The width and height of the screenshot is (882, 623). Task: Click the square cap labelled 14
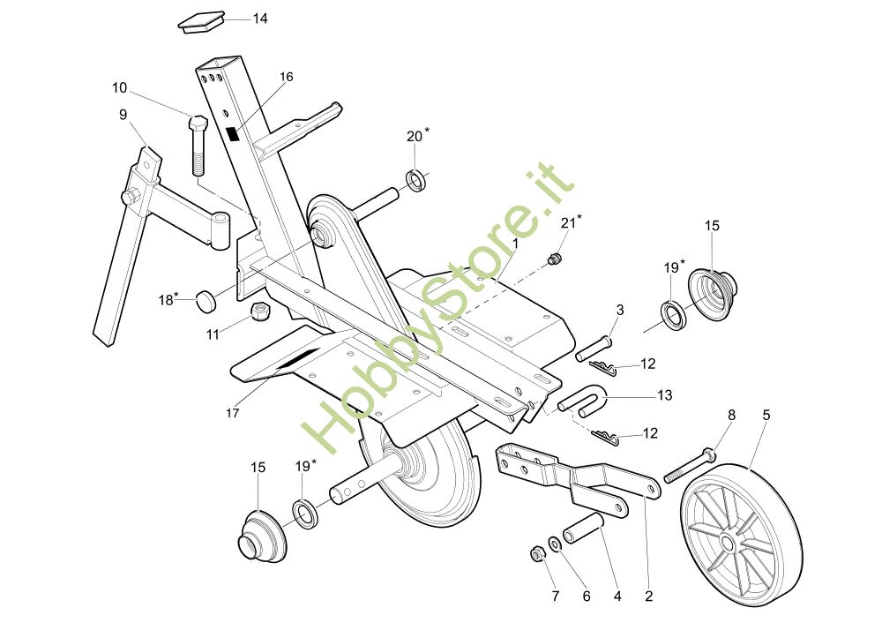(202, 22)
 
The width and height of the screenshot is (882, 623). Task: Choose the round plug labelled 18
(207, 300)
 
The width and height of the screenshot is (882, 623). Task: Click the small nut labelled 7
(534, 553)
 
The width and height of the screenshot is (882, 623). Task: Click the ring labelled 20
(416, 182)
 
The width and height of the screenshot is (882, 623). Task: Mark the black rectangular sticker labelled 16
(234, 134)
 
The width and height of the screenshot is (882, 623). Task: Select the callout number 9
(123, 114)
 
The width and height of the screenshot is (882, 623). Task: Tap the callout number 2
(649, 596)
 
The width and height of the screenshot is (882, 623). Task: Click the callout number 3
(620, 310)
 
